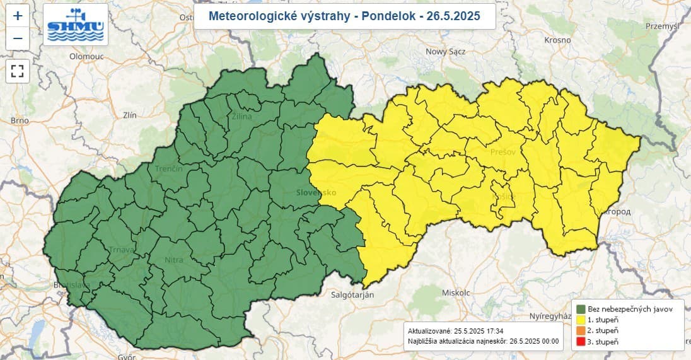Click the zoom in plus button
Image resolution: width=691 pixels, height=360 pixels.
click(18, 16)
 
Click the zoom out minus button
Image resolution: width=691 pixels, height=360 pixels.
click(18, 39)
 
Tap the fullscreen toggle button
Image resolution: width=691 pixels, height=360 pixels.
click(18, 71)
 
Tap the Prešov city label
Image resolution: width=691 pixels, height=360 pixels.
click(503, 153)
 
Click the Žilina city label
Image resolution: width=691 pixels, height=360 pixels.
click(241, 117)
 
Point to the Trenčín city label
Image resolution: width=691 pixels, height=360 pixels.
click(169, 169)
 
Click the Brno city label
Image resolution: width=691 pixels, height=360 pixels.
click(20, 120)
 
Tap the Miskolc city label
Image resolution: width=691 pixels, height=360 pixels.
click(456, 293)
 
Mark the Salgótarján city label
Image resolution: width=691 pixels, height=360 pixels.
click(352, 294)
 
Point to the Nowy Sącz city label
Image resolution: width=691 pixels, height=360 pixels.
click(446, 52)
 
